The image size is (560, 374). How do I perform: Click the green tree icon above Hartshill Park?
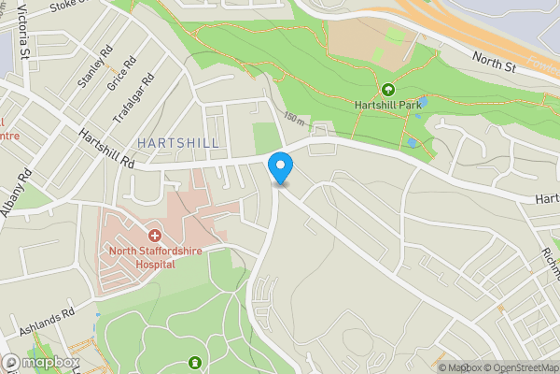[x=387, y=90]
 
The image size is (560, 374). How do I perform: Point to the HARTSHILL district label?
[x=178, y=142]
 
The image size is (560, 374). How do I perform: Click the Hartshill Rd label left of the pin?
[x=107, y=150]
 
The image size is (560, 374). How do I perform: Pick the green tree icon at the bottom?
[x=194, y=362]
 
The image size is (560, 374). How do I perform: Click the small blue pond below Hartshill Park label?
[x=412, y=143]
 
